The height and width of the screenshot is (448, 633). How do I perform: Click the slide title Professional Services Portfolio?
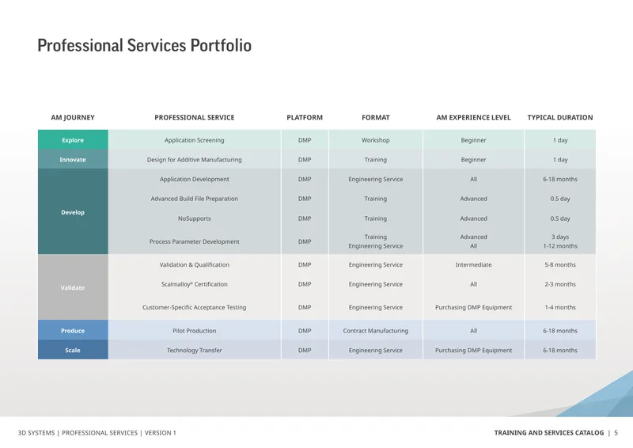(144, 45)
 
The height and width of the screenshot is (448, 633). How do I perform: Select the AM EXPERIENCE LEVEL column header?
(473, 118)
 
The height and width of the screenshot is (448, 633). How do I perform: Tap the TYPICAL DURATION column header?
(560, 118)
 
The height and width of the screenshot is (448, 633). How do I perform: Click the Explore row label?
(73, 140)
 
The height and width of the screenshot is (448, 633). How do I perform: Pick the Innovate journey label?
(73, 160)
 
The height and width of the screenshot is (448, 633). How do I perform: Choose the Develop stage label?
(73, 212)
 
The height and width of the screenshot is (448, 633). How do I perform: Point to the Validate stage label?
(73, 287)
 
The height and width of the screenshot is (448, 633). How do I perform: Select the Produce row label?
(73, 330)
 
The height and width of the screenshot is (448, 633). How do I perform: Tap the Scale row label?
(73, 350)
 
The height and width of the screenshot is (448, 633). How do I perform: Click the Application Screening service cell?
(194, 140)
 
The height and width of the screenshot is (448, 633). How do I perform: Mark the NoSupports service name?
(194, 218)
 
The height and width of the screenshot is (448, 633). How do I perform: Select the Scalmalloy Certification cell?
(194, 284)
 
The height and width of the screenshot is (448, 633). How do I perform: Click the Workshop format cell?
(375, 140)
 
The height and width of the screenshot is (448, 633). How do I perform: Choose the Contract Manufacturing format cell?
(375, 330)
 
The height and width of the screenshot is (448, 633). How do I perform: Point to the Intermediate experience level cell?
(473, 264)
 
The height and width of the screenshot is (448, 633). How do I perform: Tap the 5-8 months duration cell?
(560, 264)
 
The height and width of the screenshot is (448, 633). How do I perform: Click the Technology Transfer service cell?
(194, 350)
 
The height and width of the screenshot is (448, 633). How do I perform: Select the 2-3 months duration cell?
(560, 284)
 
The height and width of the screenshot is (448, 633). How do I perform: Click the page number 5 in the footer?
(616, 433)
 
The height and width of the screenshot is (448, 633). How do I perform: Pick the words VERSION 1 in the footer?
(161, 433)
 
